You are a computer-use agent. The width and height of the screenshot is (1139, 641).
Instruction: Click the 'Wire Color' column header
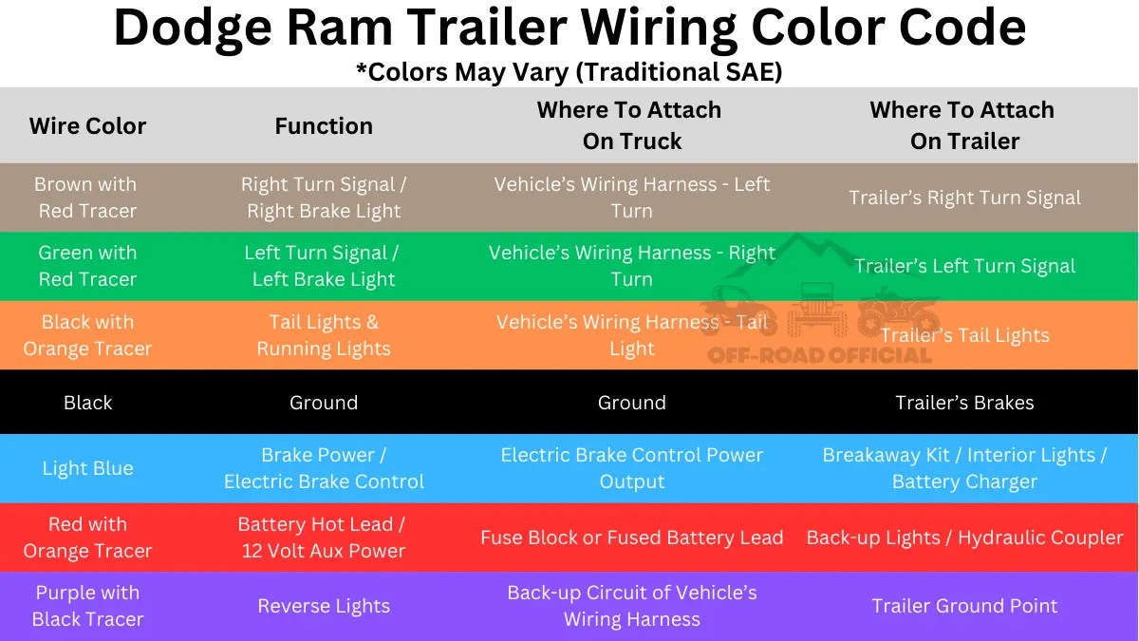[87, 126]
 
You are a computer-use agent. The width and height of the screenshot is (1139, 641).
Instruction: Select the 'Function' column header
[324, 126]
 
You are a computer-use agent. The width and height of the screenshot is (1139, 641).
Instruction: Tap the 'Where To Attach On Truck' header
[631, 125]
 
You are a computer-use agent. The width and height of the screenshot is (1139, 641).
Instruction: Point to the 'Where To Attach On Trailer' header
[963, 125]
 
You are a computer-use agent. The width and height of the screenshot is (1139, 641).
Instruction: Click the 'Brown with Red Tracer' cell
[86, 198]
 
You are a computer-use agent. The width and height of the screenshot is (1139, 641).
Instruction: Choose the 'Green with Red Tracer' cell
[87, 266]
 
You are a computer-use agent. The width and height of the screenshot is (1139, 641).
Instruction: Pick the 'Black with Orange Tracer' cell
[87, 335]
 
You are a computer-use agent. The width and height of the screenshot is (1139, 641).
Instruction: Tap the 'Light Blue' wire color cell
[87, 468]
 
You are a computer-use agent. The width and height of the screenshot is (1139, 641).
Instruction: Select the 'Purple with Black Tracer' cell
[87, 606]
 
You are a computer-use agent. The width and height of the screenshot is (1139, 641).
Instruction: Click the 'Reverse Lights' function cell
[324, 606]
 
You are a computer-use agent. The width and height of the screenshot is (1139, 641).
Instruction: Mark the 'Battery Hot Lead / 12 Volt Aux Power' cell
[323, 537]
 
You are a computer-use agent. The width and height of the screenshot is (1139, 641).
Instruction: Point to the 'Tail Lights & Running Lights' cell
[324, 335]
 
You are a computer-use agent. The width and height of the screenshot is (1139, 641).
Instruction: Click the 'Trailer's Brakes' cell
[964, 403]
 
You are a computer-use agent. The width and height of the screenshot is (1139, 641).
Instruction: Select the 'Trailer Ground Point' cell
[964, 606]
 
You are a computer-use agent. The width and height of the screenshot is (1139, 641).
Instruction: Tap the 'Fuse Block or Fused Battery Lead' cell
[631, 537]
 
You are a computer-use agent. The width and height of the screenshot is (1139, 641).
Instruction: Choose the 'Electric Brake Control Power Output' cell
[631, 468]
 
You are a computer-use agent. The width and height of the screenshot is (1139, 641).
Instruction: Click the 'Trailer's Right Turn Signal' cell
[964, 198]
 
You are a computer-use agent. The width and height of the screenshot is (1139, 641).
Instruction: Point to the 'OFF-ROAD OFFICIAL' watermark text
[820, 356]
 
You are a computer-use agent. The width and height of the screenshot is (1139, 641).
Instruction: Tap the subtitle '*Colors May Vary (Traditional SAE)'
[569, 72]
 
